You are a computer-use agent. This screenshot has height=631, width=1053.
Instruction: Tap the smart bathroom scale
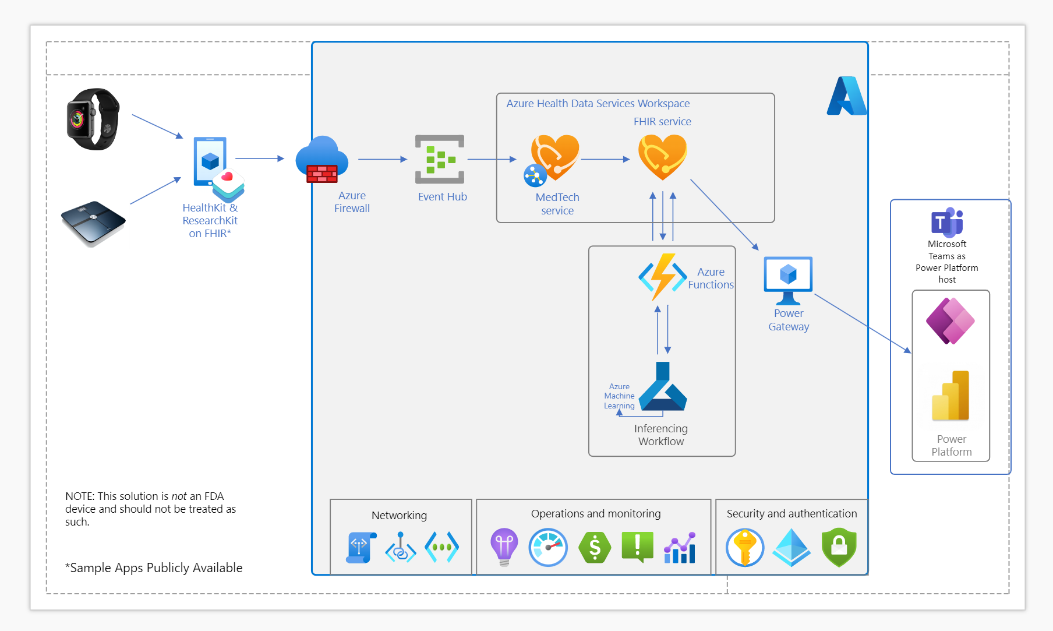click(93, 223)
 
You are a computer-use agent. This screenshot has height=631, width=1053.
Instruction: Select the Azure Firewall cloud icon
click(321, 159)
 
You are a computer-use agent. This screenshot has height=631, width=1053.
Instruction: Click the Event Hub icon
click(440, 159)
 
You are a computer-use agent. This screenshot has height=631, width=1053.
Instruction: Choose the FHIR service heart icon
click(663, 157)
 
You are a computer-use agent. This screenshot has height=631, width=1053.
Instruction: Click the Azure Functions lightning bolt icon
click(663, 277)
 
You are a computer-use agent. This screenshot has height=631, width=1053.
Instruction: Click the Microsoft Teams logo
click(947, 222)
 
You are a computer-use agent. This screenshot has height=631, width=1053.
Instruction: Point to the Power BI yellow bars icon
click(950, 396)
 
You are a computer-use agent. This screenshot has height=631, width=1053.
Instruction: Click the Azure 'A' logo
click(847, 96)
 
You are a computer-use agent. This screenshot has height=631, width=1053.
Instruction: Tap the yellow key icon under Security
click(745, 548)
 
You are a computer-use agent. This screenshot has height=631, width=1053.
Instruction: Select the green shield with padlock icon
click(839, 547)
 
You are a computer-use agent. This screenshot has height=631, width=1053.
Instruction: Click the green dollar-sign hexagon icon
click(595, 548)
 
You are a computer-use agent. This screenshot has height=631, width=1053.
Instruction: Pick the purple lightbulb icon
click(504, 547)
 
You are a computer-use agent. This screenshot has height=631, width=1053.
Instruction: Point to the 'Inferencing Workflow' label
click(661, 435)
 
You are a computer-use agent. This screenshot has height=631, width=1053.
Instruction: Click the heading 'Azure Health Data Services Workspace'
click(598, 104)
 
